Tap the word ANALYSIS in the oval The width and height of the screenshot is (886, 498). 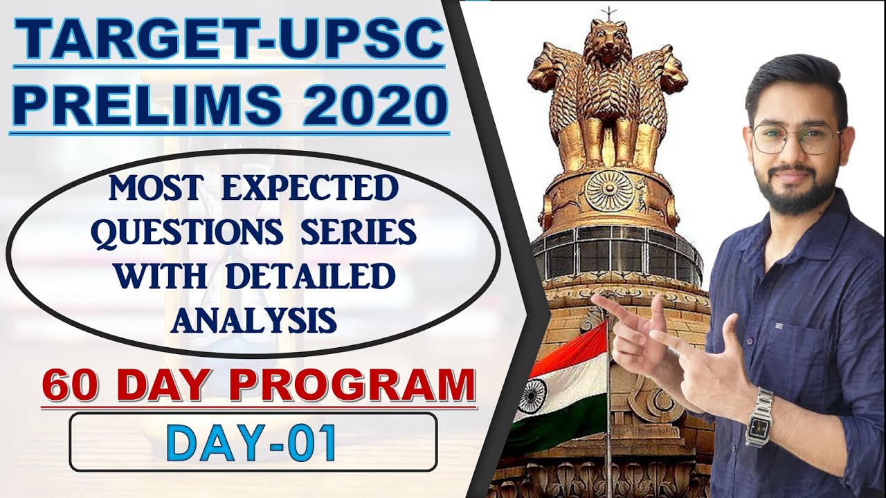(x=255, y=320)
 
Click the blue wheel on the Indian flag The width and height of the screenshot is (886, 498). (x=532, y=394)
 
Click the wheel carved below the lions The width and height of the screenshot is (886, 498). (x=610, y=190)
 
